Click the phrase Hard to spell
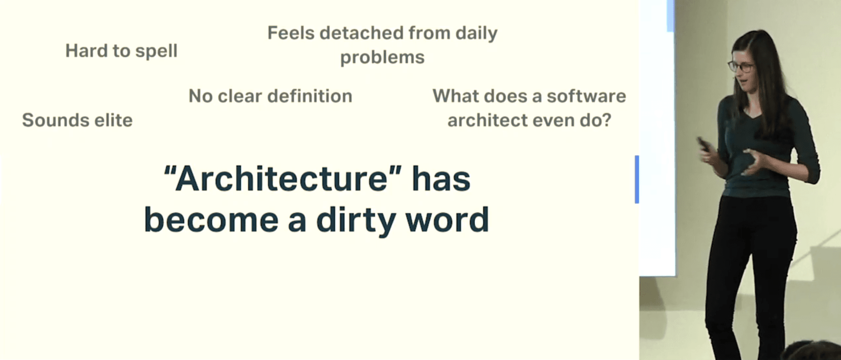(121, 51)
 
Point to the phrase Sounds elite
(77, 120)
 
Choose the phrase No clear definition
(270, 96)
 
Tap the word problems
(383, 58)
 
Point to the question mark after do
(607, 120)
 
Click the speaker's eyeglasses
(741, 67)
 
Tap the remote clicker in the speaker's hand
(703, 145)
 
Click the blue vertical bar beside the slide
(637, 179)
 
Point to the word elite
(114, 120)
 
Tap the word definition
(310, 96)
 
